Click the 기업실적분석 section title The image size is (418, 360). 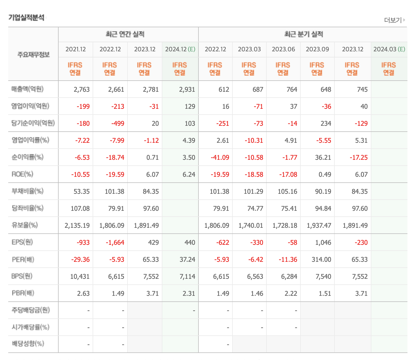click(x=26, y=18)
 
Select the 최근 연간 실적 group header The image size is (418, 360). click(x=125, y=34)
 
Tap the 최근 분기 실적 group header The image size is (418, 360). click(x=303, y=34)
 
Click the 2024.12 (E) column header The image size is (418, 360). click(x=180, y=49)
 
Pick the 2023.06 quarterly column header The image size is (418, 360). click(x=283, y=49)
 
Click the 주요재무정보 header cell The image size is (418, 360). click(x=33, y=55)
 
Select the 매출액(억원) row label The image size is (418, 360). click(x=28, y=89)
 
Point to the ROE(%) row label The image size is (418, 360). click(x=22, y=174)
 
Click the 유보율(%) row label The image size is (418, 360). click(x=25, y=225)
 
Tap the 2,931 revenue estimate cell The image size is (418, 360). click(x=187, y=89)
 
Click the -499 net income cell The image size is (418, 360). click(x=118, y=123)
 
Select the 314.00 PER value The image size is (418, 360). click(x=321, y=259)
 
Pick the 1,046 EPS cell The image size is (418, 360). click(x=323, y=242)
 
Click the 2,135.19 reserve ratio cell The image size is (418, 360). click(x=77, y=225)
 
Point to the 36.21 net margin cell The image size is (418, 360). click(x=323, y=157)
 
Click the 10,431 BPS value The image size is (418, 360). click(x=80, y=276)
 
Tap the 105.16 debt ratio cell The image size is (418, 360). click(x=287, y=191)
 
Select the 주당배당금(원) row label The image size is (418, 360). click(x=31, y=310)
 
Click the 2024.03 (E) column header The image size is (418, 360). click(x=389, y=49)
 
